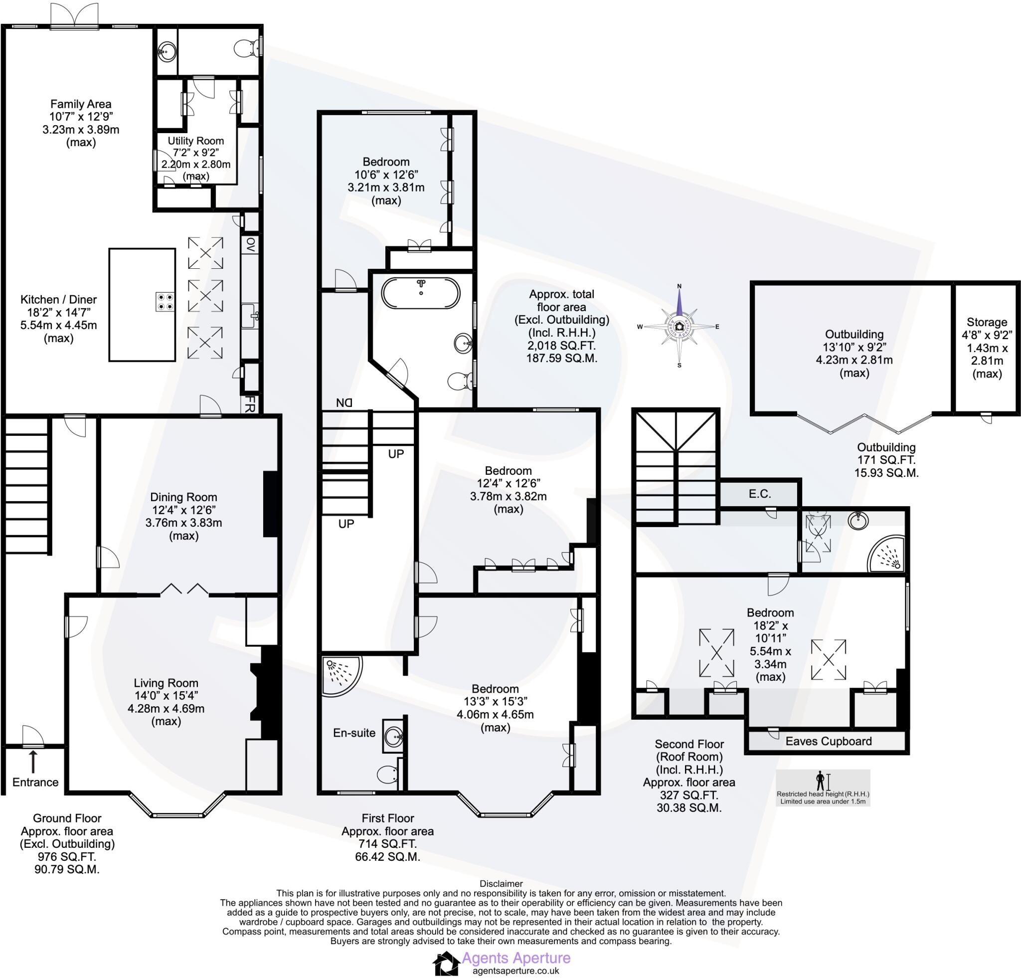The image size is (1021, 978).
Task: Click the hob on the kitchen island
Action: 165,302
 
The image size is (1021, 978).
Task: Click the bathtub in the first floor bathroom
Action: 420,293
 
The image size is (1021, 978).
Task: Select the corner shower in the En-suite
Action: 339,675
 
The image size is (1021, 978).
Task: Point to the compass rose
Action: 679,327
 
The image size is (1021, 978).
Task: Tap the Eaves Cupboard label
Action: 828,741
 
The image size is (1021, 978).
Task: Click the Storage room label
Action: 987,322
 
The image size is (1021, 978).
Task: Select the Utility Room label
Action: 195,141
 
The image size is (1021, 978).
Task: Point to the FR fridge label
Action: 250,404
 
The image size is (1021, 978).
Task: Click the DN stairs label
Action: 344,402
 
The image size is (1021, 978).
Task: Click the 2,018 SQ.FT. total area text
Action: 561,345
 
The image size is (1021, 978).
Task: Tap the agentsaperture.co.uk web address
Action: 515,971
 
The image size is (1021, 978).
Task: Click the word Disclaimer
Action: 501,883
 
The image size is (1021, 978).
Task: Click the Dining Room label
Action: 183,497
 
